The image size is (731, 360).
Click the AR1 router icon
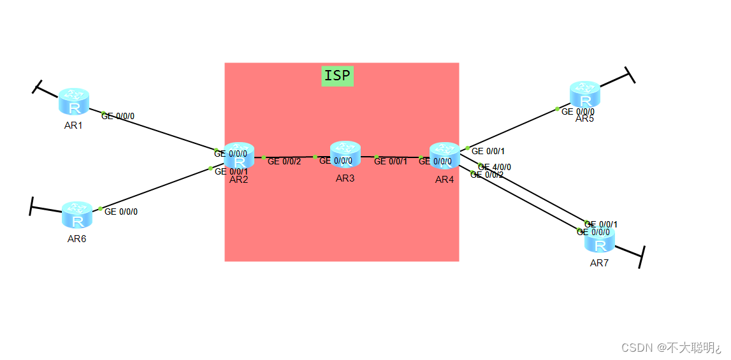tap(73, 102)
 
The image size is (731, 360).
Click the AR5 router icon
tap(584, 96)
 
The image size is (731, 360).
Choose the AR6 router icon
tap(77, 216)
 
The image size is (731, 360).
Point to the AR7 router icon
tap(599, 241)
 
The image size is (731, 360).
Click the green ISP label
tap(337, 76)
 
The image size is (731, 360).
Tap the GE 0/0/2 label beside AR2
tap(284, 162)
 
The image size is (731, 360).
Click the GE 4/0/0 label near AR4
tap(495, 168)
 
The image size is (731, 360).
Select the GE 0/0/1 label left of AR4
tap(391, 162)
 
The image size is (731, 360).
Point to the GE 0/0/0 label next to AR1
tap(119, 117)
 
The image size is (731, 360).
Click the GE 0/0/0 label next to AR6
tap(121, 212)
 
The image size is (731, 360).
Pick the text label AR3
tap(345, 178)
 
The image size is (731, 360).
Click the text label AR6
tap(76, 239)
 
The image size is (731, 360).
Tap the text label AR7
tap(599, 263)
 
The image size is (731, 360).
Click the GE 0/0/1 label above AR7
tap(602, 224)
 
